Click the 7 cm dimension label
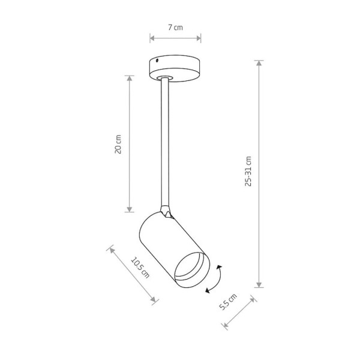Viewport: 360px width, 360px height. tap(175, 28)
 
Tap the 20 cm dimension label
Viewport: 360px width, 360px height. tap(118, 144)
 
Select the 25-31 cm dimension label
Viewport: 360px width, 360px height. tap(248, 171)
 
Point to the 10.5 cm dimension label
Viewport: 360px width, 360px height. tap(140, 268)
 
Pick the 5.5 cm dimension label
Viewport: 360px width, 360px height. tap(228, 302)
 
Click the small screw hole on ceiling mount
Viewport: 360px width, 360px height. tap(157, 61)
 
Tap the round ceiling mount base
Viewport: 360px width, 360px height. tap(175, 68)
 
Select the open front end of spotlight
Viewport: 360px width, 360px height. tap(192, 269)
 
